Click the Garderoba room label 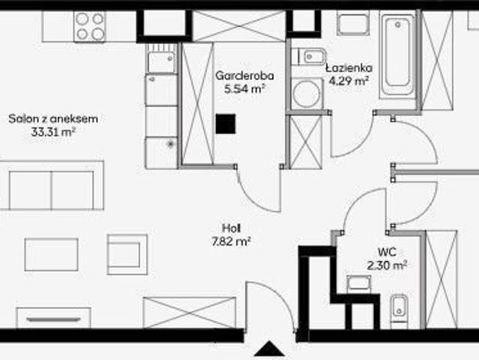[244, 76]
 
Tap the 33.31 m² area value [53, 132]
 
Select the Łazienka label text [349, 67]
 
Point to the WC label [387, 252]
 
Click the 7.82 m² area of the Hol [231, 241]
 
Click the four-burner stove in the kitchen [90, 26]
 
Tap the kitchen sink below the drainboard [161, 62]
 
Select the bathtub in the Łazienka [397, 55]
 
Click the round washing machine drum [306, 94]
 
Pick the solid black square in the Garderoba [226, 124]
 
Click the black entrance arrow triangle [269, 349]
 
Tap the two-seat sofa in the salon [52, 185]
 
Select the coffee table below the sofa [51, 254]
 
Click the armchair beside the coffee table [127, 254]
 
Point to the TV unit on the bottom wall [53, 318]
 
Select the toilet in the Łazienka [309, 56]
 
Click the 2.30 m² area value [387, 265]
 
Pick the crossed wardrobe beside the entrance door [190, 313]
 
